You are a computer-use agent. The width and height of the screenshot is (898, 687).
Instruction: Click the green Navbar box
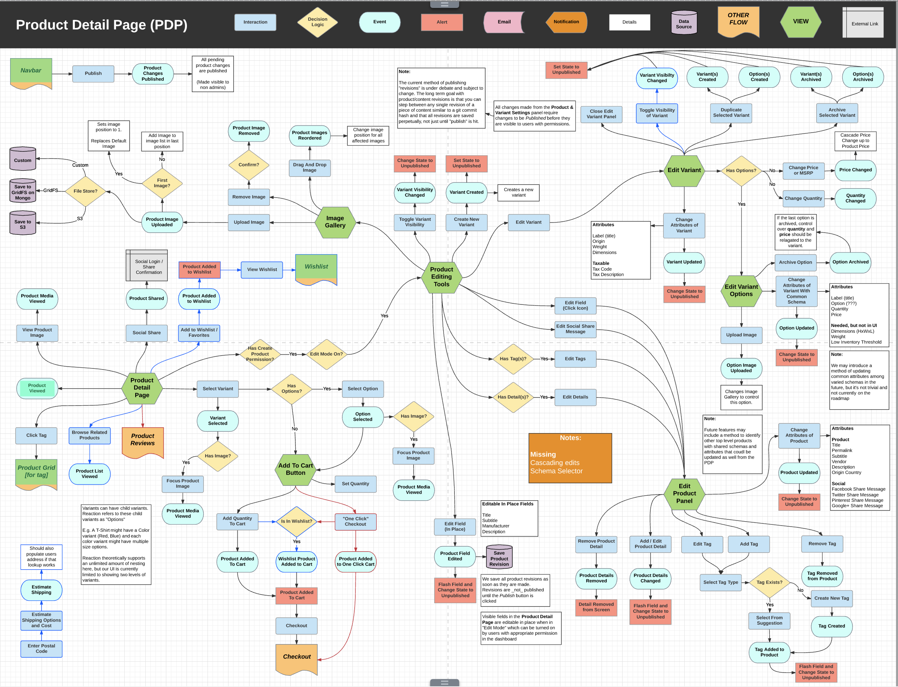tap(31, 71)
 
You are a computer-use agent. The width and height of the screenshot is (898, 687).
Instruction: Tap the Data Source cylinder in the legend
tap(684, 23)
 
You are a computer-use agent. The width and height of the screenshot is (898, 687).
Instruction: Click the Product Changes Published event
tap(153, 74)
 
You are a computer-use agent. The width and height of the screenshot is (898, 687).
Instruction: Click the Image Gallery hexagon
tap(335, 222)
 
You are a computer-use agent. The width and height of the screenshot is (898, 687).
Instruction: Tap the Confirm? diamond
tap(249, 165)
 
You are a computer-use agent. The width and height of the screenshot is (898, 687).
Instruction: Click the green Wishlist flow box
tap(316, 268)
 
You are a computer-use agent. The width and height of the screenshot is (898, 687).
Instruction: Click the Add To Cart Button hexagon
tap(295, 469)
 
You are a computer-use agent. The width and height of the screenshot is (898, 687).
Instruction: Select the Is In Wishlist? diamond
tap(296, 521)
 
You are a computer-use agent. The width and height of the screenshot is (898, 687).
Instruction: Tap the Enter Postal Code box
tap(41, 649)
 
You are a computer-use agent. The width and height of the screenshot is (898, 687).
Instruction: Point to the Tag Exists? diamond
tap(769, 582)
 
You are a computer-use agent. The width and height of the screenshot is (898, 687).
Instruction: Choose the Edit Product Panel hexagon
tap(684, 493)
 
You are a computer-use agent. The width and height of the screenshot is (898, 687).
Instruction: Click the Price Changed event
tap(855, 170)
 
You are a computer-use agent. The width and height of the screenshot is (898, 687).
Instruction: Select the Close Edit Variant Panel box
tap(601, 114)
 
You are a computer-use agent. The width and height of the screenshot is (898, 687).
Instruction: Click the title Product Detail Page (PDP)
tap(102, 25)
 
